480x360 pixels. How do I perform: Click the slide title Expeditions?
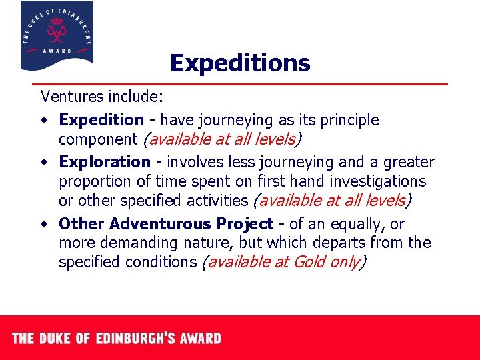pyautogui.click(x=240, y=63)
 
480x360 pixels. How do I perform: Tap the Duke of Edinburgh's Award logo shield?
pyautogui.click(x=57, y=35)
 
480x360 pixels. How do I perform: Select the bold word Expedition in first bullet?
pyautogui.click(x=101, y=120)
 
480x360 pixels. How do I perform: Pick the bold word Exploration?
pyautogui.click(x=105, y=162)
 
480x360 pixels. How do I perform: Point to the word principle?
pyautogui.click(x=347, y=120)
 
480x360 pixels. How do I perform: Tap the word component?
pyautogui.click(x=96, y=139)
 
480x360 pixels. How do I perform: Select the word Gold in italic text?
pyautogui.click(x=311, y=262)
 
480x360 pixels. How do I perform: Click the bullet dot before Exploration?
pyautogui.click(x=43, y=163)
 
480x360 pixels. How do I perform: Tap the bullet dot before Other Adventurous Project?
pyautogui.click(x=43, y=225)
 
